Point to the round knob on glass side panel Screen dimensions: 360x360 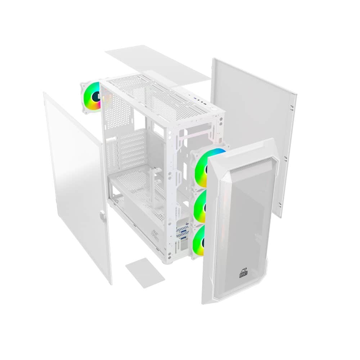[103, 216]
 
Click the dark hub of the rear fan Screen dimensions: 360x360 [96, 96]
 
